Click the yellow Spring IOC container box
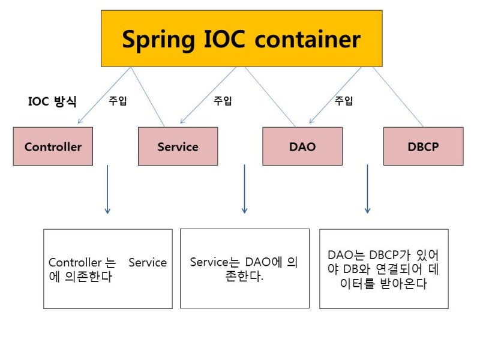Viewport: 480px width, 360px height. click(241, 38)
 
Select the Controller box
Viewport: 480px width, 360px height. click(53, 146)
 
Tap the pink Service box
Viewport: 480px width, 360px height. click(178, 146)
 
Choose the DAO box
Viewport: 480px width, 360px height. click(302, 146)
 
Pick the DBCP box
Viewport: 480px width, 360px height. click(423, 146)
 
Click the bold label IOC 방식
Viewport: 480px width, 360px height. click(52, 101)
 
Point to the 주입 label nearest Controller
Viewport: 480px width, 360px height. click(118, 101)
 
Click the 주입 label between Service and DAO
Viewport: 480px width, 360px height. click(223, 101)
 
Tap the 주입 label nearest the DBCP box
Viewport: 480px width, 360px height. click(344, 101)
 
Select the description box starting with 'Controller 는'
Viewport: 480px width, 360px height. click(107, 269)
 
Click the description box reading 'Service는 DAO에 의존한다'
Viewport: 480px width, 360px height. click(244, 268)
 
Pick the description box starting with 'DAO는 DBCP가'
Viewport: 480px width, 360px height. click(383, 269)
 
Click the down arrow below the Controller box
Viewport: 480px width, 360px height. click(107, 189)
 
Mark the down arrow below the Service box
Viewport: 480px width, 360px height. click(244, 189)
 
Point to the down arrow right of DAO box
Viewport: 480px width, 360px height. click(367, 189)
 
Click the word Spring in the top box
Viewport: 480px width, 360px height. click(157, 39)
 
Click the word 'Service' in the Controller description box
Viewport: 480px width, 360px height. click(148, 263)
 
